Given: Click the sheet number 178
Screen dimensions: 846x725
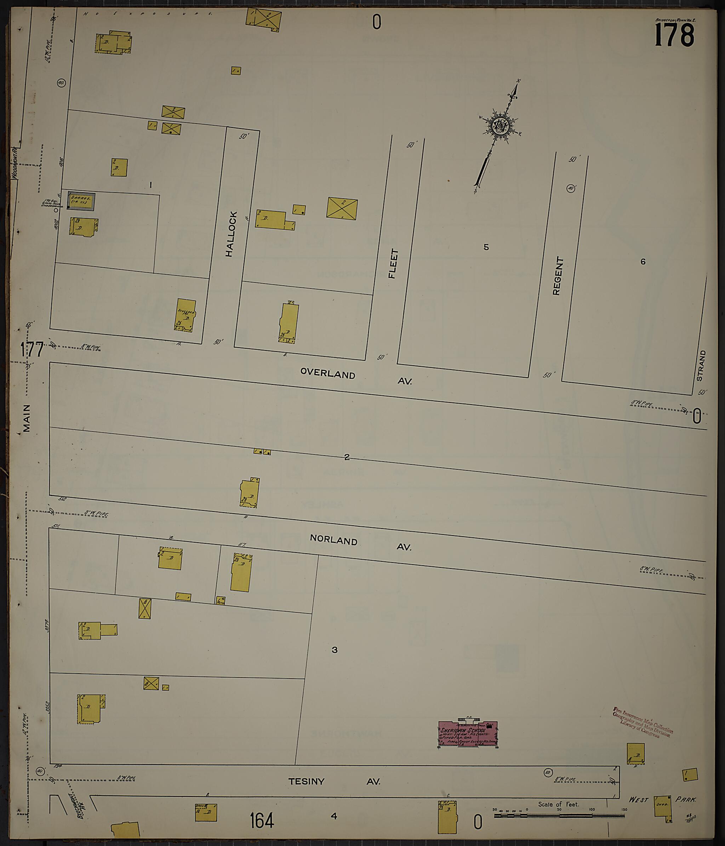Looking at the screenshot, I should point(674,35).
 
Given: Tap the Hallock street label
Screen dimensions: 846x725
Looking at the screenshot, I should point(231,234).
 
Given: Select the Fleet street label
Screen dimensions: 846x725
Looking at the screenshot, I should point(393,264).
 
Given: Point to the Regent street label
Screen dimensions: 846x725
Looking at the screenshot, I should point(558,276).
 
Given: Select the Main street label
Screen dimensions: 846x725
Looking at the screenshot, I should point(27,418).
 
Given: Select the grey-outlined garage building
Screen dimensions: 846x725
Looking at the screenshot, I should point(81,201).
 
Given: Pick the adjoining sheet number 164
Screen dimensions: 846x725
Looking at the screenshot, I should point(262,820).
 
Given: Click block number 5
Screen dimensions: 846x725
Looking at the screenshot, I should point(486,247).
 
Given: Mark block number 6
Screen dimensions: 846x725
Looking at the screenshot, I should point(643,262).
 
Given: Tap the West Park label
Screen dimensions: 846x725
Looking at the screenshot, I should point(662,800).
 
